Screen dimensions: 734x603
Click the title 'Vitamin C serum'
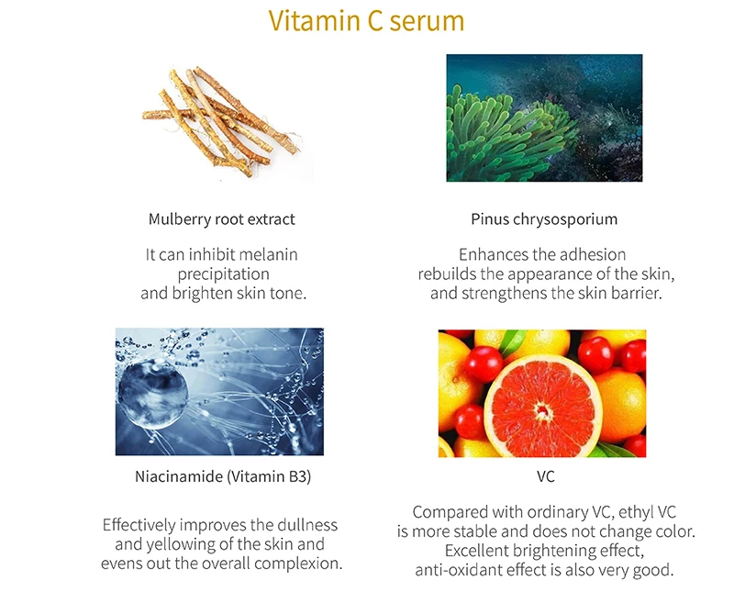tap(366, 21)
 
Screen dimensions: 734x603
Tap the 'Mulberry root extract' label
tap(221, 219)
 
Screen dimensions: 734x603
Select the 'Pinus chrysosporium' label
tap(544, 219)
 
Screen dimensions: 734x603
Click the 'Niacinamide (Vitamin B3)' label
tap(223, 476)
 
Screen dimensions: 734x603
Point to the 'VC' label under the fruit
tap(546, 476)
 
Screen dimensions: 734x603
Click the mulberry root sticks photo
tap(221, 122)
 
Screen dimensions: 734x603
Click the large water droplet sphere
tap(153, 394)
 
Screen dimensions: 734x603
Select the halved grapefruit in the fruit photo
tap(542, 406)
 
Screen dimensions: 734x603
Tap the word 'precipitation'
tap(223, 274)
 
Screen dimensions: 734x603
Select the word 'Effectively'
tap(139, 525)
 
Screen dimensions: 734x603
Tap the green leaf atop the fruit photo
tap(512, 341)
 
